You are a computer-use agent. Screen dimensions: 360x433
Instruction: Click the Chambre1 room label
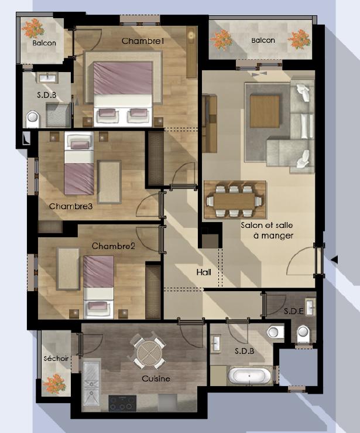(143, 41)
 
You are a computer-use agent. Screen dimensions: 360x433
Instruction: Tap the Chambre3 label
(71, 206)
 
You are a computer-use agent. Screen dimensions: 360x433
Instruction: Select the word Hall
(204, 272)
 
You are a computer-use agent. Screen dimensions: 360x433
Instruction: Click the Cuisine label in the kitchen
(156, 379)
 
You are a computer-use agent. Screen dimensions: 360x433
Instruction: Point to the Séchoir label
(56, 359)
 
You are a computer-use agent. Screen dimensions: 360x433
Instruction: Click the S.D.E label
(294, 311)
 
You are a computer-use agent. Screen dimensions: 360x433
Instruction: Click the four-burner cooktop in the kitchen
(122, 403)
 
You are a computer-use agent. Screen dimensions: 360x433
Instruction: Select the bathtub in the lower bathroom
(249, 376)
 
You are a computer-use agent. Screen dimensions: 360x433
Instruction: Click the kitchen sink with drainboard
(91, 383)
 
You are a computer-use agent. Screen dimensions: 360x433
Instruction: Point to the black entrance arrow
(334, 260)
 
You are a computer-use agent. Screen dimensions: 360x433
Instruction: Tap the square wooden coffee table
(265, 111)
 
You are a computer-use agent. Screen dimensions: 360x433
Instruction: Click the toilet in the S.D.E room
(303, 333)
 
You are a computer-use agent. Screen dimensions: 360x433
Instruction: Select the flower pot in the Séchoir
(54, 384)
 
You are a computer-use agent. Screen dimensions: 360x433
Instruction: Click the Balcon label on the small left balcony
(44, 43)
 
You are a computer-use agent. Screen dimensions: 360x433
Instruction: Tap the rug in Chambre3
(109, 182)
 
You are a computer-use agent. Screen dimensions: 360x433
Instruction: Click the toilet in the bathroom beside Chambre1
(33, 119)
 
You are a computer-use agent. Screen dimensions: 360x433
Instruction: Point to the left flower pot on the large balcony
(221, 39)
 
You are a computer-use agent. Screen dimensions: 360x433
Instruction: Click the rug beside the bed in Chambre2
(68, 269)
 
